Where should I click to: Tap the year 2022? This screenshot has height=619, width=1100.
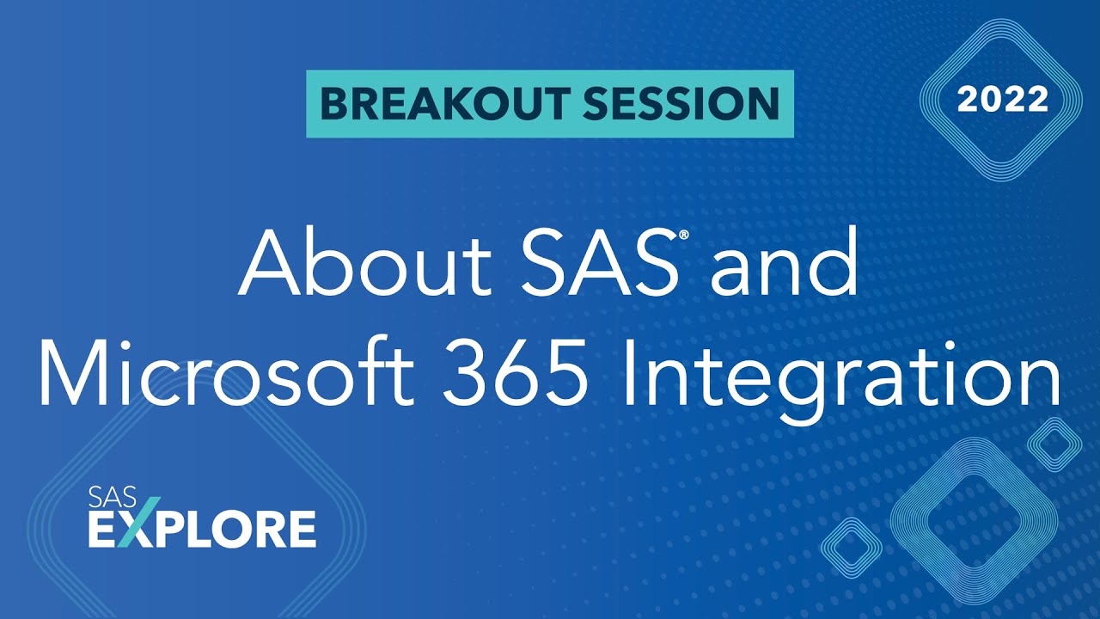click(1003, 101)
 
